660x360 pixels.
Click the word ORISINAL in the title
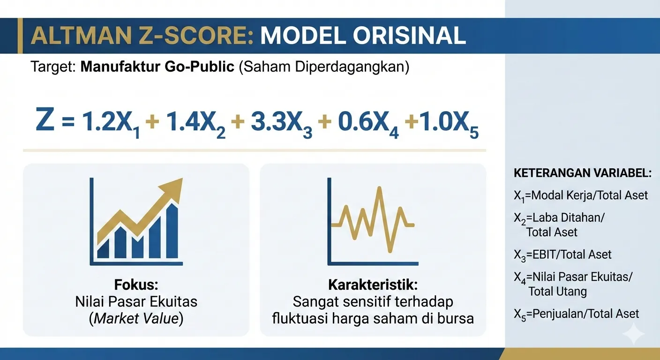(x=409, y=36)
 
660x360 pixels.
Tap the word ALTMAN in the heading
(x=81, y=36)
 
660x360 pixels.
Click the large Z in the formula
(x=45, y=120)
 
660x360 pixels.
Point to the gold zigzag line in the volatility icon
(x=373, y=219)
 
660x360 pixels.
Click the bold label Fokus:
(x=136, y=285)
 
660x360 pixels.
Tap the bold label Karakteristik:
(x=373, y=285)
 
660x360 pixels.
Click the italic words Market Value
(x=136, y=319)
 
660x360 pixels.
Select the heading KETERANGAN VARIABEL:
(x=583, y=173)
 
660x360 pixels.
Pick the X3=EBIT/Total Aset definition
(x=562, y=255)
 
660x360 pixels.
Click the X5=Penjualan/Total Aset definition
(x=576, y=315)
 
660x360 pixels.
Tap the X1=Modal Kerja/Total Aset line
(x=580, y=196)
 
